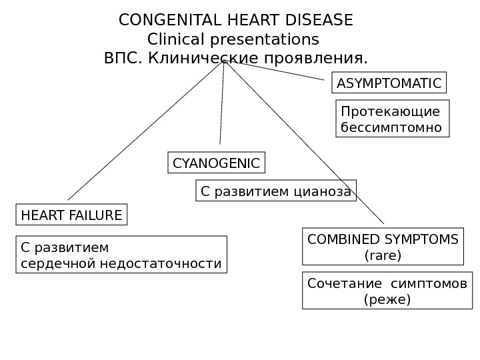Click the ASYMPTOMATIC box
tap(389, 84)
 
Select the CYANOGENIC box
tap(216, 163)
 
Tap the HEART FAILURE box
tap(71, 215)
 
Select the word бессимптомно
tap(391, 127)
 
